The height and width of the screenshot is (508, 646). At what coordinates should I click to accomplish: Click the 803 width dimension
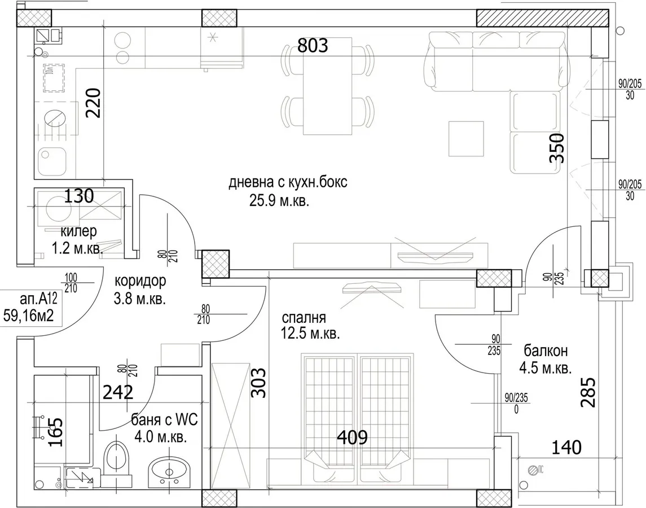point(313,46)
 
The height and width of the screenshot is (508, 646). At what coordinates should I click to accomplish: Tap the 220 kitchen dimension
point(93,103)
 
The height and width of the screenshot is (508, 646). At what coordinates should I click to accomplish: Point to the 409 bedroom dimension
point(352,437)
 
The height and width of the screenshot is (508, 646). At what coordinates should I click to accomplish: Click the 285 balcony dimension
point(588,392)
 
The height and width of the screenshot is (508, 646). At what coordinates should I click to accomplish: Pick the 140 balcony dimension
point(566,447)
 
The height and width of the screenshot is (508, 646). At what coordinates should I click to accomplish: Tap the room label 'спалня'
point(304,317)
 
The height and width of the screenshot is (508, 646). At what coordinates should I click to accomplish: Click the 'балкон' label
point(546,351)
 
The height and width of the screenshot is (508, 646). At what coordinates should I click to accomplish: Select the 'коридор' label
point(140,281)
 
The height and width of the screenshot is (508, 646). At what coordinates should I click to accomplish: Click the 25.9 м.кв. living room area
point(279,201)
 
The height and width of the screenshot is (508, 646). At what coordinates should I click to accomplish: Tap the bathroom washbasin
point(169,471)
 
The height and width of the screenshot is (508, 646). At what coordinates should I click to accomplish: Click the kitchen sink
point(52,161)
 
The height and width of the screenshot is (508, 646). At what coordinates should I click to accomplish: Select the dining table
point(328,86)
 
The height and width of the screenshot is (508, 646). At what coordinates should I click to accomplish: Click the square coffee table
point(466,138)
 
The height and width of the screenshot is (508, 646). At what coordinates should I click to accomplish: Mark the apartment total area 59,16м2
point(28,316)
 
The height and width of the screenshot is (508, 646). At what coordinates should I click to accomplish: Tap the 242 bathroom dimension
point(118,392)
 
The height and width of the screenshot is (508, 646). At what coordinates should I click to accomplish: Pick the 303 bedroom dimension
point(259,383)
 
